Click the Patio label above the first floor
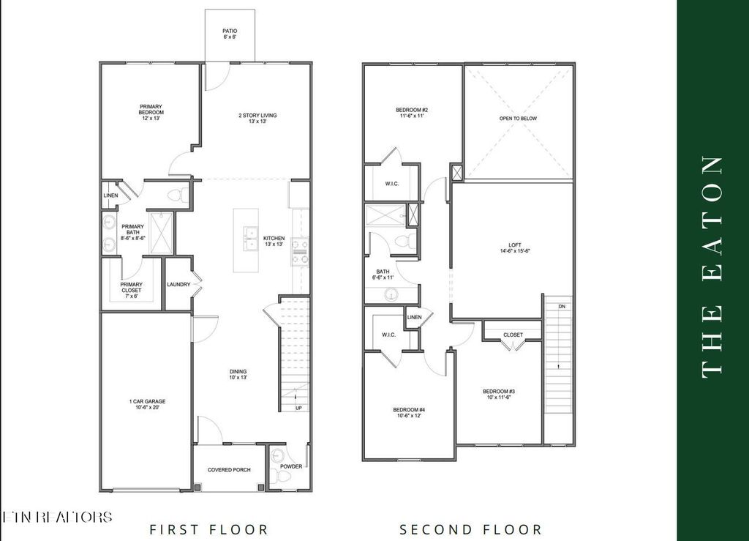229,34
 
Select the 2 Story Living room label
257,118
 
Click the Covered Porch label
230,470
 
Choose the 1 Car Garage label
147,404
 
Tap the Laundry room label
178,285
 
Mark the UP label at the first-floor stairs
298,408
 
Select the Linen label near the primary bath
111,195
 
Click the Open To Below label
518,119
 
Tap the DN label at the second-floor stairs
561,306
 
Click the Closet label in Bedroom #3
513,335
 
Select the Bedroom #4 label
409,412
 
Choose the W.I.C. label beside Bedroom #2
391,184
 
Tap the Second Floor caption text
470,529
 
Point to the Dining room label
238,375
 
